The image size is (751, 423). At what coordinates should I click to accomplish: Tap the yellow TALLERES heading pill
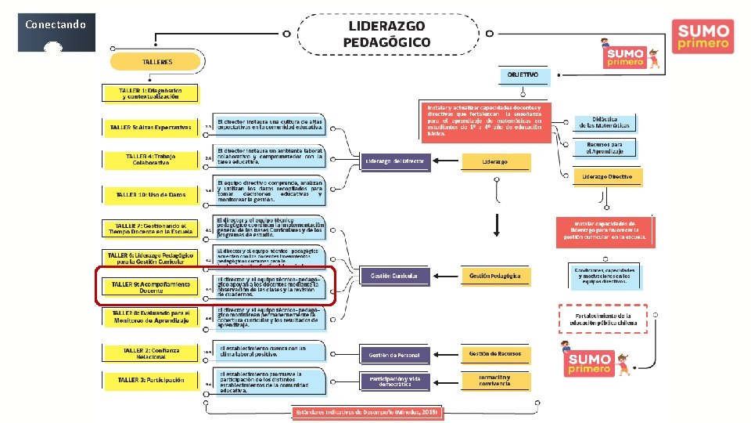[x=157, y=61]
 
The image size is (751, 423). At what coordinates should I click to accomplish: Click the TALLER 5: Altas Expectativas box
[x=151, y=127]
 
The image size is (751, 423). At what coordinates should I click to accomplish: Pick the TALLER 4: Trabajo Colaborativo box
[x=151, y=159]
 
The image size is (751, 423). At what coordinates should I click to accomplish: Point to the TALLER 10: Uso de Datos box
[x=151, y=193]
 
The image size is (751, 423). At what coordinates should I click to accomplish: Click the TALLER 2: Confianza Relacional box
[x=151, y=353]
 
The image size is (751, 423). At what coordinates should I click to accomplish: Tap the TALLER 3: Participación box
[x=151, y=380]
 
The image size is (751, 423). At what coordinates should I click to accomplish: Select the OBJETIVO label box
[x=523, y=75]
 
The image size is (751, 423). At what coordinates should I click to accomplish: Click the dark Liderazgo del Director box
[x=394, y=162]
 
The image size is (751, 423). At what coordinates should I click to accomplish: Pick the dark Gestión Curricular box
[x=394, y=276]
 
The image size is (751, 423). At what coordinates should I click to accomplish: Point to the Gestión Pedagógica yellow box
[x=494, y=276]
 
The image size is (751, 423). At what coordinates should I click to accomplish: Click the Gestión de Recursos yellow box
[x=494, y=354]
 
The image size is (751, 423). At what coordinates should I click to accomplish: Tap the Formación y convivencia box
[x=494, y=381]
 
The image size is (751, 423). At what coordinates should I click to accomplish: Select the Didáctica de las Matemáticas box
[x=605, y=123]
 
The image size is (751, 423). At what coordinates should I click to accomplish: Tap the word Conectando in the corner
[x=55, y=24]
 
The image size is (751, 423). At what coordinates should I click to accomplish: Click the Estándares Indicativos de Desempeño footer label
[x=368, y=412]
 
